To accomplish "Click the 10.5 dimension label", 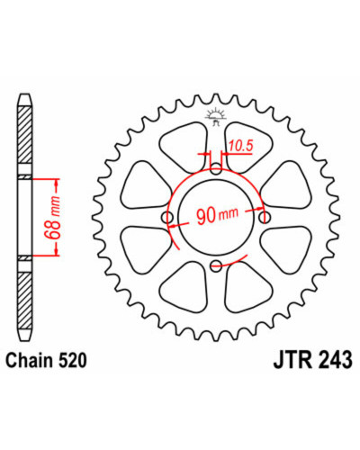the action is point(241,146).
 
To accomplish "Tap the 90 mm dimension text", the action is point(217,214).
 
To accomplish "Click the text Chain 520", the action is point(47,360).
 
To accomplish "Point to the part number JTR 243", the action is point(312,360).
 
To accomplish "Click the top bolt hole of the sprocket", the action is point(216,170).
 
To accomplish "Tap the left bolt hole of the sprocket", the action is point(167,217).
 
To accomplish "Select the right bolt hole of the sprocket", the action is point(265,217).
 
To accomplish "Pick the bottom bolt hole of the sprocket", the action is point(216,265).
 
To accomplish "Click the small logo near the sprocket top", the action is point(215,117).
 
